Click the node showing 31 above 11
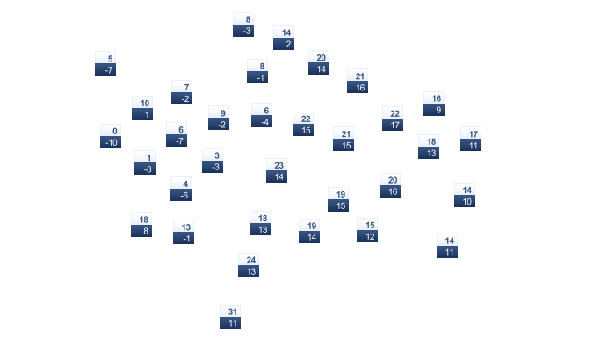point(230,317)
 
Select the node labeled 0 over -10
point(111,136)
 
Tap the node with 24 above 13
point(249,265)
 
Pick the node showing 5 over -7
point(105,63)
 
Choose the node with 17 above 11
point(471,139)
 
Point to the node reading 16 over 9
point(434,104)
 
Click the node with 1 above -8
point(145,162)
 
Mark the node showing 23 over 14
point(277,170)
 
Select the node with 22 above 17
point(393,119)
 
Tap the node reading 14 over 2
point(284,38)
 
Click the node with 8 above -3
point(243,25)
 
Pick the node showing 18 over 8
point(141,225)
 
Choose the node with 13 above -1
point(184,232)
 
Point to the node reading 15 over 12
point(367,230)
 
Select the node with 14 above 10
point(465,195)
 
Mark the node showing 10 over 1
point(142,108)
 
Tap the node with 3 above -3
point(213,161)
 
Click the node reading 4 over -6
point(181,189)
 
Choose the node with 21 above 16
point(358,81)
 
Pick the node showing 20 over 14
point(319,62)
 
